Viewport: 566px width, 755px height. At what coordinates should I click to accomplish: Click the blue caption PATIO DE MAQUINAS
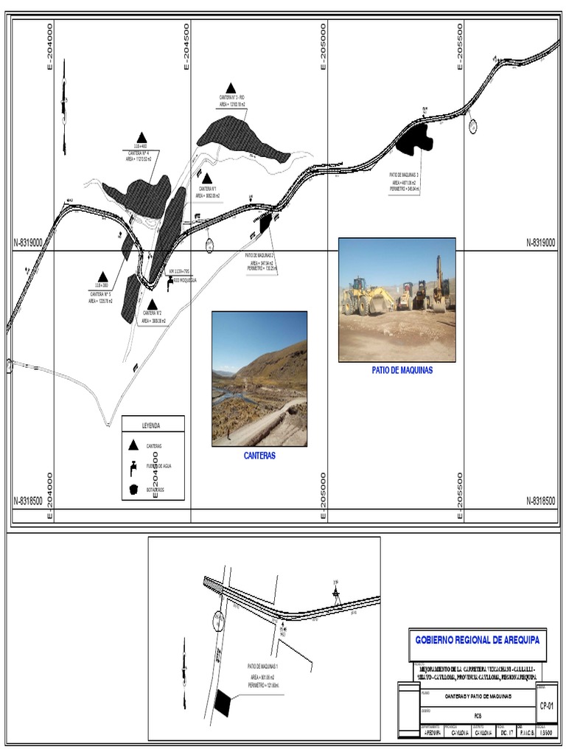click(402, 371)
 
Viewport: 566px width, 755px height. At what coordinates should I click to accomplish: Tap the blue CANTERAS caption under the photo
click(259, 456)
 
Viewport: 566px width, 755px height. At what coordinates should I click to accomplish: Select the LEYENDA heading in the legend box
click(152, 425)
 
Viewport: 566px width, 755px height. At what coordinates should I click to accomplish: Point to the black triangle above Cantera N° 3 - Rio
click(231, 88)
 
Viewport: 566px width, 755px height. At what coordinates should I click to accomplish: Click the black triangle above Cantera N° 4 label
click(141, 137)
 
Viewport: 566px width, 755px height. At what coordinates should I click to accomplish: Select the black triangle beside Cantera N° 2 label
click(152, 304)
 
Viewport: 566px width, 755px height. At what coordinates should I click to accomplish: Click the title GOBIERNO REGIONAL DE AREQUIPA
click(477, 640)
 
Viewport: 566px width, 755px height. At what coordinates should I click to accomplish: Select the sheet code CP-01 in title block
click(547, 706)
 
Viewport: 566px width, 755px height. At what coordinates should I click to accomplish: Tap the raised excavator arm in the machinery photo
click(439, 273)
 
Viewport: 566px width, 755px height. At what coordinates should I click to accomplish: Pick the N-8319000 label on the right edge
click(541, 243)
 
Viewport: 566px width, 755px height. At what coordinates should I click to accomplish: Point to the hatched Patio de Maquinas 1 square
click(222, 701)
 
